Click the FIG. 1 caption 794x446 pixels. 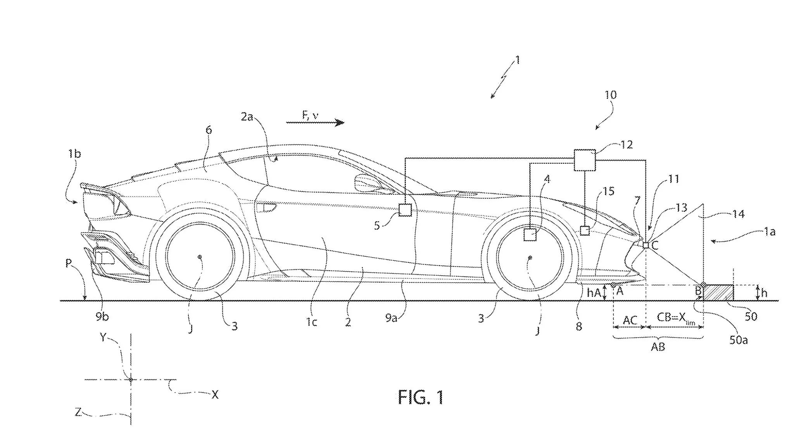(x=421, y=398)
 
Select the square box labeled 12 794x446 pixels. (x=584, y=160)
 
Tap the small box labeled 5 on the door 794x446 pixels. (x=405, y=210)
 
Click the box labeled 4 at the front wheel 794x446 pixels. (x=530, y=235)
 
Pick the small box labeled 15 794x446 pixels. (x=585, y=231)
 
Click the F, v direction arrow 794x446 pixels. (x=315, y=123)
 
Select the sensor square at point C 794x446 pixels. (x=646, y=245)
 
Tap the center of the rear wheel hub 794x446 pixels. (x=200, y=257)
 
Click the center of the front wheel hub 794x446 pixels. (x=530, y=257)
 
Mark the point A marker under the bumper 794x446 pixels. (x=613, y=285)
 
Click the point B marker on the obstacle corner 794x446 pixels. (x=703, y=285)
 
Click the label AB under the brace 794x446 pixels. (x=658, y=347)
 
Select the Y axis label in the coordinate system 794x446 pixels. (x=103, y=337)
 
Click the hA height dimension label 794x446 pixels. (x=593, y=293)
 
